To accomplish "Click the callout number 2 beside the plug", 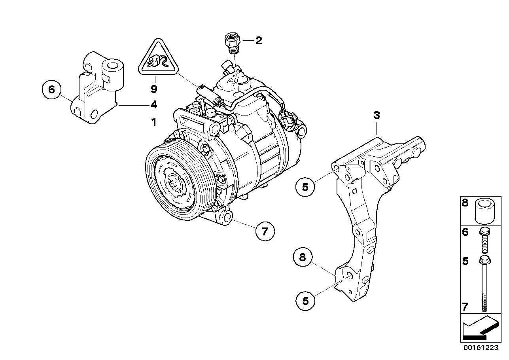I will [258, 40].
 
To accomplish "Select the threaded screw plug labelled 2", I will [231, 42].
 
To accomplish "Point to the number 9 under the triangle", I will [154, 89].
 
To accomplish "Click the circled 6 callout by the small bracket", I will [51, 89].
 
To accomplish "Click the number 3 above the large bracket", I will [377, 116].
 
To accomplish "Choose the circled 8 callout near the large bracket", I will [303, 258].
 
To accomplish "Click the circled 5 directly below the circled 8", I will [305, 301].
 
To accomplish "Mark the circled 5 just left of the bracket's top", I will [305, 187].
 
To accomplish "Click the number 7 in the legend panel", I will [465, 306].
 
